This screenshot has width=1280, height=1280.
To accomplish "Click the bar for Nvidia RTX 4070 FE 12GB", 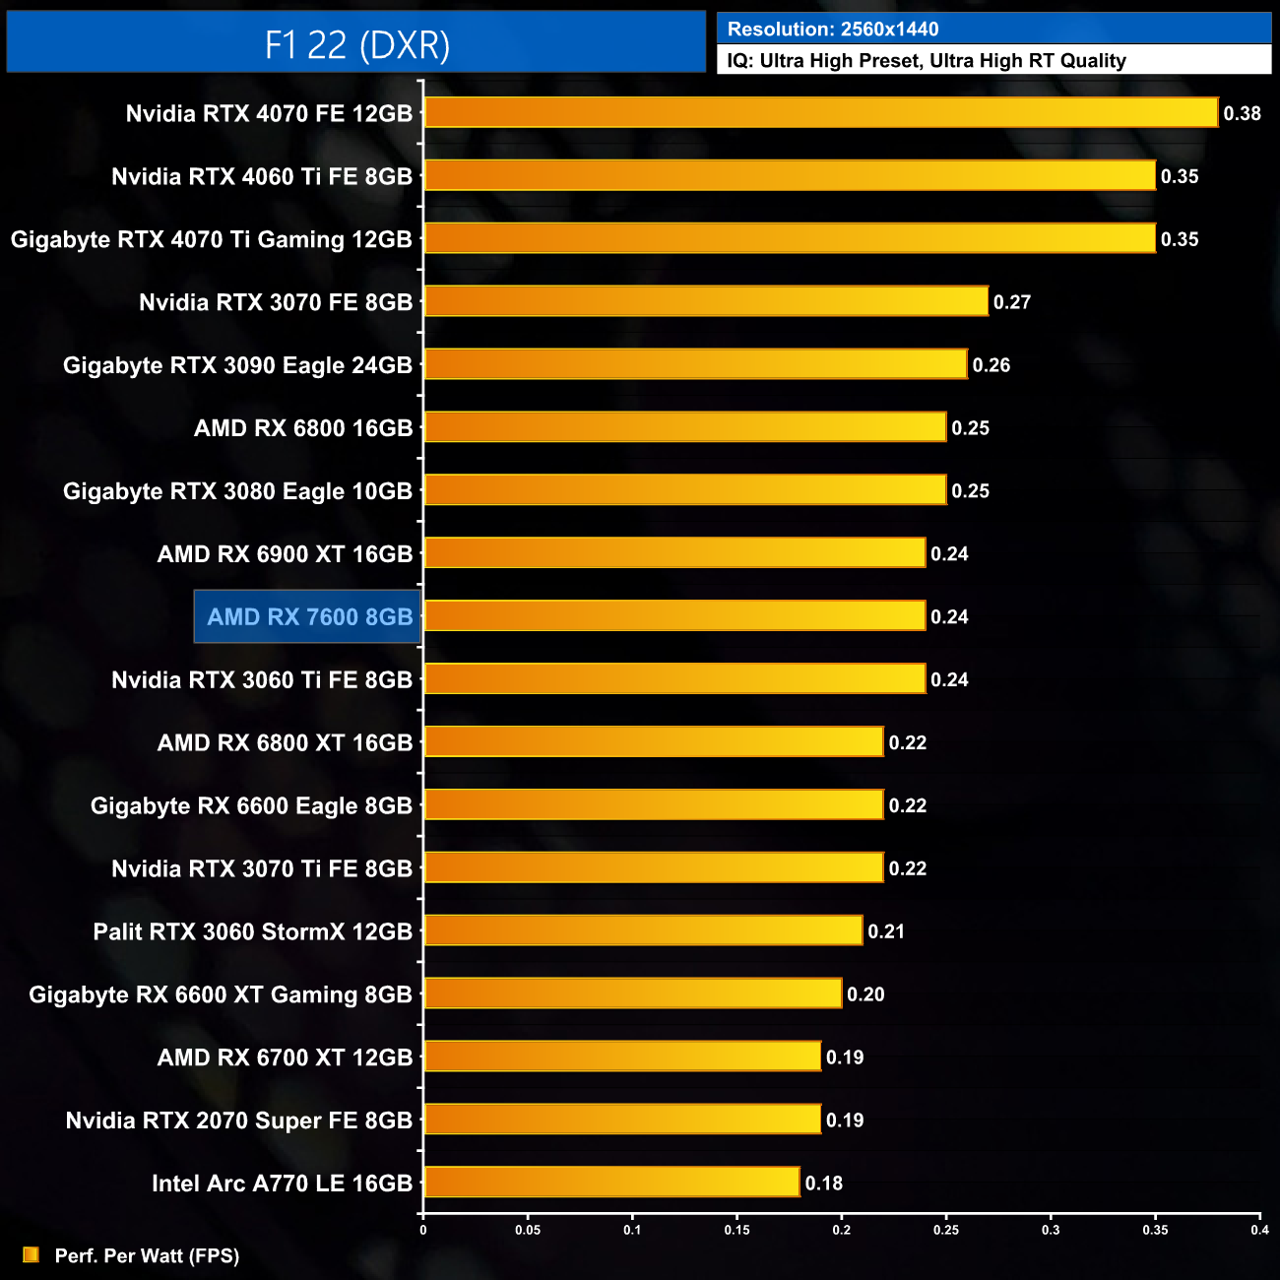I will [820, 112].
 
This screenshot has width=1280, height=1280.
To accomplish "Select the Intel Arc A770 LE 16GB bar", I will [611, 1182].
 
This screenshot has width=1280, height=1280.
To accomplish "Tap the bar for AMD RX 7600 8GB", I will [674, 616].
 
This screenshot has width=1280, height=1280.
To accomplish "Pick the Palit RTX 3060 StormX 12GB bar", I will [643, 930].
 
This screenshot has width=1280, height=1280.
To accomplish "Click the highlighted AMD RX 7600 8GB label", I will [309, 617].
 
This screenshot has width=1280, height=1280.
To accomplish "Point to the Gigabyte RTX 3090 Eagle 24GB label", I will [237, 365].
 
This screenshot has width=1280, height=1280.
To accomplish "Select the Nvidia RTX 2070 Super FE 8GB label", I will [238, 1120].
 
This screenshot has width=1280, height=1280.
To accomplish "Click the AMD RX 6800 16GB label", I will [303, 428].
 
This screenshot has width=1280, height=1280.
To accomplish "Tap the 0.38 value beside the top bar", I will [1242, 113].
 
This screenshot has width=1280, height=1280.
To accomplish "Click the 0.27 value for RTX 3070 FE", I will [1011, 302].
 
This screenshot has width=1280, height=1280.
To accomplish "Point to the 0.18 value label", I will [823, 1184].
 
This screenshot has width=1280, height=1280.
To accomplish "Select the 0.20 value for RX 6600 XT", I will [865, 994].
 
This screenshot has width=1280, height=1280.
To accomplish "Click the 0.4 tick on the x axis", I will [1259, 1230].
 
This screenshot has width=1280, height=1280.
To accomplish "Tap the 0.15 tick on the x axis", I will [736, 1230].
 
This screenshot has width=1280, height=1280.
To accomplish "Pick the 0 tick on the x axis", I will [423, 1230].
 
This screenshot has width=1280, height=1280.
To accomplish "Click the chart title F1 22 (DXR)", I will [356, 44].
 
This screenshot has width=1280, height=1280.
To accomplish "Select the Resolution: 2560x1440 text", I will [833, 30].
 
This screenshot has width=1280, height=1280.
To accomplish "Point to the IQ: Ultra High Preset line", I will [926, 61].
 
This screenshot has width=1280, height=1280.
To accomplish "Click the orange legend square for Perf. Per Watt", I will [31, 1254].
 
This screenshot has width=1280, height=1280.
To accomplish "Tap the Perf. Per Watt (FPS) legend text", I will [147, 1255].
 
